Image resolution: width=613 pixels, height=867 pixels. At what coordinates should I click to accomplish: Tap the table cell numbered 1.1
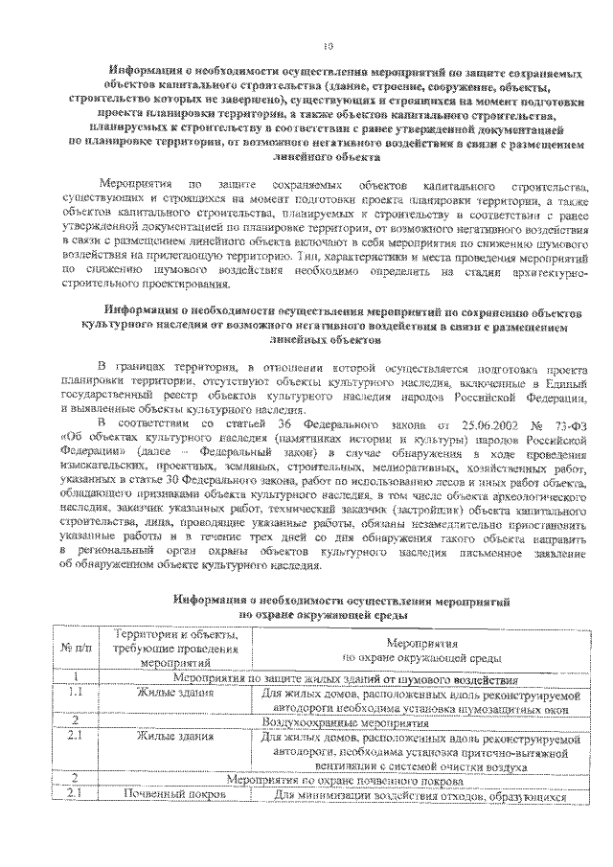point(75,692)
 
